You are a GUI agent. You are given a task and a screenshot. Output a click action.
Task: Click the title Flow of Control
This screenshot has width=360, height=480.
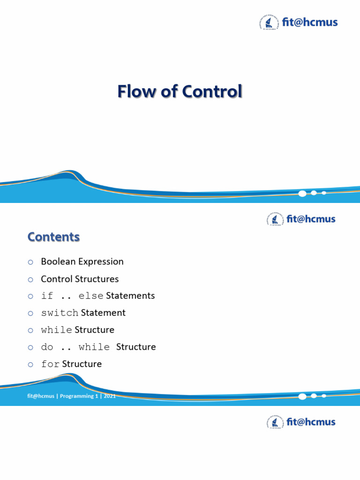[x=180, y=91]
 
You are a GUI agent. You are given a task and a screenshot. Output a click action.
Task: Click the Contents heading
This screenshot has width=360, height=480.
[x=53, y=237]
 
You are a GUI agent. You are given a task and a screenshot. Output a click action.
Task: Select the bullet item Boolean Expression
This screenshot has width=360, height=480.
[x=82, y=262]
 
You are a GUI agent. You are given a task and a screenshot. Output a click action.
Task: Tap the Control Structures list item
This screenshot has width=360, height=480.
[x=80, y=279]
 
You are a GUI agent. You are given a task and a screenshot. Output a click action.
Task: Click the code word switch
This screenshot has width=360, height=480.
[x=60, y=313]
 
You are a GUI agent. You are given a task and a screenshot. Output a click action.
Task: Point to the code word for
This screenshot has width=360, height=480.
[x=50, y=364]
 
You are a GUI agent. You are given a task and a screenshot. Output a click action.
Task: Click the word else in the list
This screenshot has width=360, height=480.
[x=91, y=296]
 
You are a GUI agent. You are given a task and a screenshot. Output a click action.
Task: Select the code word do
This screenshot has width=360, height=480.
[x=47, y=347]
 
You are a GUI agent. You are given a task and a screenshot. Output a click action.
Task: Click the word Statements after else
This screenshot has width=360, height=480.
[x=130, y=296]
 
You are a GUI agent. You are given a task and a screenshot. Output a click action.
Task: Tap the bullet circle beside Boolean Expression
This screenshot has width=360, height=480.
[x=30, y=262]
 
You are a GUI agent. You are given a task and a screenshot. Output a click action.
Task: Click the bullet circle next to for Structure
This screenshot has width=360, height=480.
[x=30, y=364]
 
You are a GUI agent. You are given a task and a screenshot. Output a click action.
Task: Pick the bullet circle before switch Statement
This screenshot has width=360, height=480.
[x=30, y=313]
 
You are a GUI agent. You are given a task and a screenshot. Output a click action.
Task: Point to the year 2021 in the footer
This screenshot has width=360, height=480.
[x=110, y=396]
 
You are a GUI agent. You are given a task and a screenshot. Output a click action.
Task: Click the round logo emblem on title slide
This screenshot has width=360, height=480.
[x=266, y=22]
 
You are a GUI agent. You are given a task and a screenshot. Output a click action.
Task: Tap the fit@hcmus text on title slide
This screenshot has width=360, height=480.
[x=309, y=22]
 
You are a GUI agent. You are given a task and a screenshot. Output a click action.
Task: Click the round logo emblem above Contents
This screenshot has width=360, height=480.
[x=272, y=219]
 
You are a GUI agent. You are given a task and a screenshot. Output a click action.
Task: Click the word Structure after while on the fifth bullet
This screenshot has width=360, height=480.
[x=94, y=330]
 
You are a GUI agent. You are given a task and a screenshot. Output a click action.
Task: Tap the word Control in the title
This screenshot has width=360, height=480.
[x=212, y=91]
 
